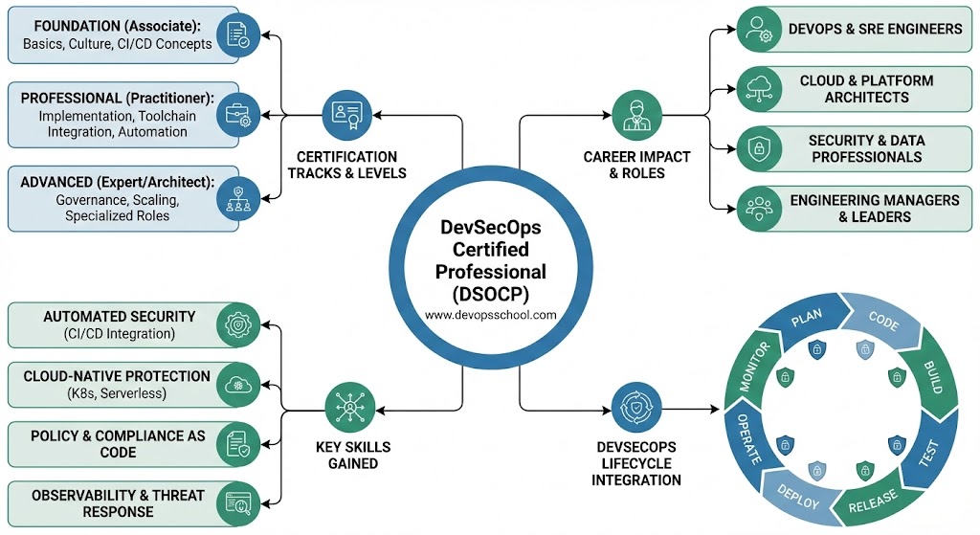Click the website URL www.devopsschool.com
point(490,314)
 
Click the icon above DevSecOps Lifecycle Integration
point(635,406)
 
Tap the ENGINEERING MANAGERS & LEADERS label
point(874,209)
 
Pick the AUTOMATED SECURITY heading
point(119,317)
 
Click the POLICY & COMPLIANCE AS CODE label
point(118,444)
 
